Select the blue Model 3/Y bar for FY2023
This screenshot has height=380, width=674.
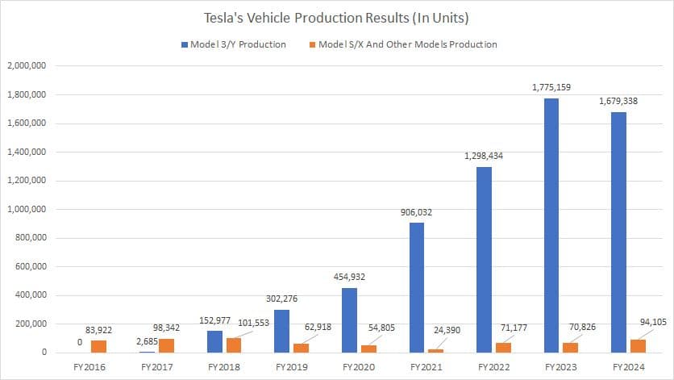point(551,225)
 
